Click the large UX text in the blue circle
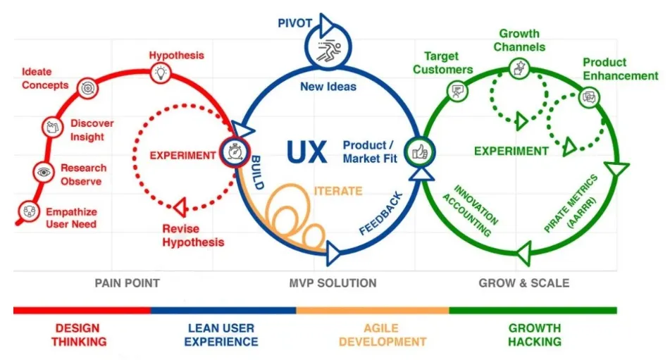click(307, 151)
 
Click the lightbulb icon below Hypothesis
click(161, 72)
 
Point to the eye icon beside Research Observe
click(44, 171)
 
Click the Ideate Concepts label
click(45, 78)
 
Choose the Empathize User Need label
click(71, 218)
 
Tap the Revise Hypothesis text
click(193, 235)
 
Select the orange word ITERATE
click(338, 191)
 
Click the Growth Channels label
click(519, 40)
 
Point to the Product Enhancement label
click(620, 69)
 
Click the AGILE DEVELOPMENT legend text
click(382, 335)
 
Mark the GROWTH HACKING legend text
click(534, 335)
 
